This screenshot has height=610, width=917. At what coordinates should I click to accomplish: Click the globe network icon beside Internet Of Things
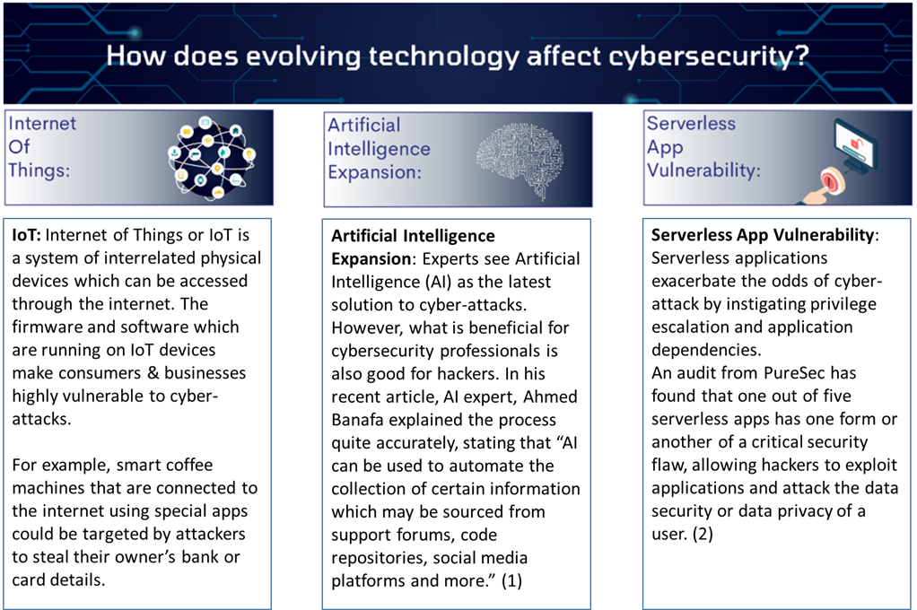211,157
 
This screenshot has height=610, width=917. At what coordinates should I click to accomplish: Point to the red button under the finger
830,179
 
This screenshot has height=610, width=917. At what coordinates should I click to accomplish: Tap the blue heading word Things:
39,170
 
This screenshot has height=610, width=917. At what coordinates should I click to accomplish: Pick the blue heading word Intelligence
379,150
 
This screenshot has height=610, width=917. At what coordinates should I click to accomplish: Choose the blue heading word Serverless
691,124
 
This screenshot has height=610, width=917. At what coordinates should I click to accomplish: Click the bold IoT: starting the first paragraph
26,235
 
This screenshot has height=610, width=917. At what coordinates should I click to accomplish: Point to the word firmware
48,327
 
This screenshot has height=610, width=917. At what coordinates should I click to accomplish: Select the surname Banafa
357,420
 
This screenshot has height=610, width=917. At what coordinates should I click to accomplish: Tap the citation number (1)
511,580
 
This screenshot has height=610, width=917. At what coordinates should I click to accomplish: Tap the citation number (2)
703,534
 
